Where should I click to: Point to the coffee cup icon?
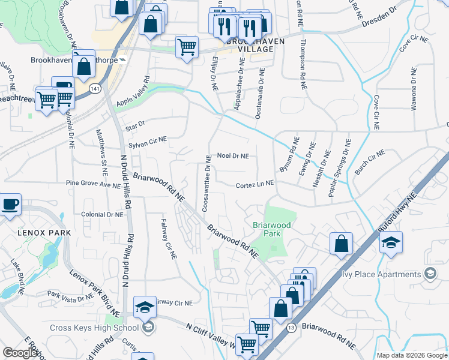click(10, 205)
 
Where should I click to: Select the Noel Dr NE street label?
click(232, 155)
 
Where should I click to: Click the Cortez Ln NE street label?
click(255, 184)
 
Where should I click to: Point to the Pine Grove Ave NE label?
click(93, 185)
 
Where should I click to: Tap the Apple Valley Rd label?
click(133, 93)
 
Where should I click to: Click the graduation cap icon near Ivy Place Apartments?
click(391, 242)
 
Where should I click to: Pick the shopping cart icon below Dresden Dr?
click(187, 47)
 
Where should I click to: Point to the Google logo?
click(20, 352)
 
